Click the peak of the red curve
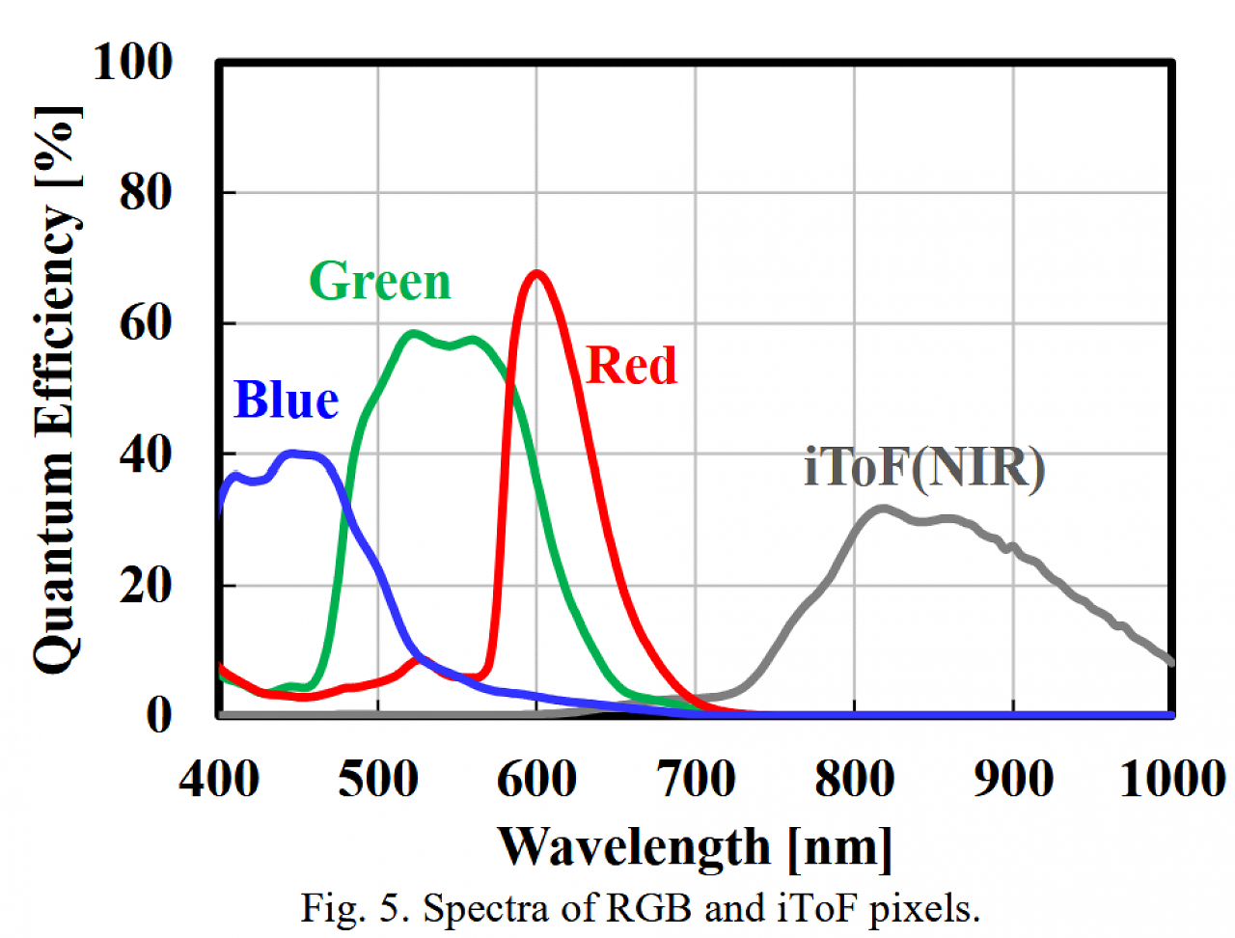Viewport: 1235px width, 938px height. point(536,274)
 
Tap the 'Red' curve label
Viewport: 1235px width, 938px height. point(631,365)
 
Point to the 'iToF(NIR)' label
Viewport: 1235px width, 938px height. point(924,466)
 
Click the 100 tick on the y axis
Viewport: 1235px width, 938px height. point(133,62)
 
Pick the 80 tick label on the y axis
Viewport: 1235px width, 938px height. point(146,192)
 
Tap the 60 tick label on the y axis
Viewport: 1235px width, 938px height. point(146,323)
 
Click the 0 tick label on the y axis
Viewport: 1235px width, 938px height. point(159,715)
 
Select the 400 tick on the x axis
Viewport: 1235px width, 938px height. point(219,779)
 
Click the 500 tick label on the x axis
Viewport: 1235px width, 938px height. point(378,779)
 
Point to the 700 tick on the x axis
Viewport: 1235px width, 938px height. point(696,779)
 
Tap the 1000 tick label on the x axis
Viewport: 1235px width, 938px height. point(1172,779)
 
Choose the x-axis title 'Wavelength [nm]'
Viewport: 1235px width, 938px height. point(695,848)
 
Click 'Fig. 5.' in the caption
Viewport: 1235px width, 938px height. point(351,908)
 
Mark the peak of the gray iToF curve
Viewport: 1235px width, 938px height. point(883,510)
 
